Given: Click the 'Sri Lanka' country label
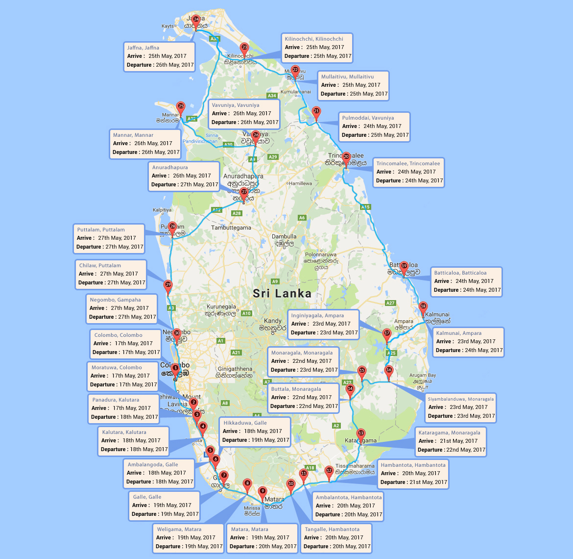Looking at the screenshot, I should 282,294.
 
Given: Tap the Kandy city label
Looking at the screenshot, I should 273,321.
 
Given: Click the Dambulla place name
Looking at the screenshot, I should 284,236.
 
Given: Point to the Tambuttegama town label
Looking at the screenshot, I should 231,228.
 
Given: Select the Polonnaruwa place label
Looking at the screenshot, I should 321,255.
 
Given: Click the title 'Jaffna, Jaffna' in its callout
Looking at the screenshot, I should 143,48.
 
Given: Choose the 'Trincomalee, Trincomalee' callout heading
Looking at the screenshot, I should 408,163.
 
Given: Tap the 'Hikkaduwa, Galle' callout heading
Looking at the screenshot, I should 245,423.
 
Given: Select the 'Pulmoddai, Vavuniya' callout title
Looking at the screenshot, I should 368,118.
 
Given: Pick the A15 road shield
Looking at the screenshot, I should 365,207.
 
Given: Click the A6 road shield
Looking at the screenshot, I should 302,218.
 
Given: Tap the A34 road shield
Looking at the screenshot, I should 272,96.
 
